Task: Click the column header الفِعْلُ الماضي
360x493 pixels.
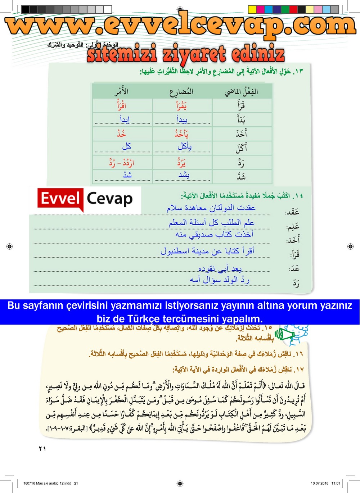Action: [241, 91]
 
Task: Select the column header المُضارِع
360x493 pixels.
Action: [181, 92]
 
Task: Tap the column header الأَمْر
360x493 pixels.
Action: [122, 91]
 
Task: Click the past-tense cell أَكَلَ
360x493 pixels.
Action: [241, 148]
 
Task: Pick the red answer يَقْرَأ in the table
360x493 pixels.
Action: [181, 105]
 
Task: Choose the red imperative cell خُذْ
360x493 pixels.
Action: [122, 134]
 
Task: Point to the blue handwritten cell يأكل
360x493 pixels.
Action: [184, 146]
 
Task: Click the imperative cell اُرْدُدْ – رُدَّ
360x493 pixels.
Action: [122, 163]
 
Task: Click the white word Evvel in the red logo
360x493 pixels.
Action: [60, 199]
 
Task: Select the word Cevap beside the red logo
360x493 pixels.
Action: [110, 199]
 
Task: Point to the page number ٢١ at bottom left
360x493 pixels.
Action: [42, 448]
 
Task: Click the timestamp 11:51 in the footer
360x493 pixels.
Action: [336, 483]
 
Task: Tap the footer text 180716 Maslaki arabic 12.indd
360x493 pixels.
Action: [47, 483]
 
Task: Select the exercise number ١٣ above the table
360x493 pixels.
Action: [298, 71]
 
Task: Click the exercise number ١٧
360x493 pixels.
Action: [299, 369]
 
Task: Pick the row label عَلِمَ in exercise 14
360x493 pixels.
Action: [293, 226]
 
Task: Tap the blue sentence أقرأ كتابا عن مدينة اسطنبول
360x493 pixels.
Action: [207, 251]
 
